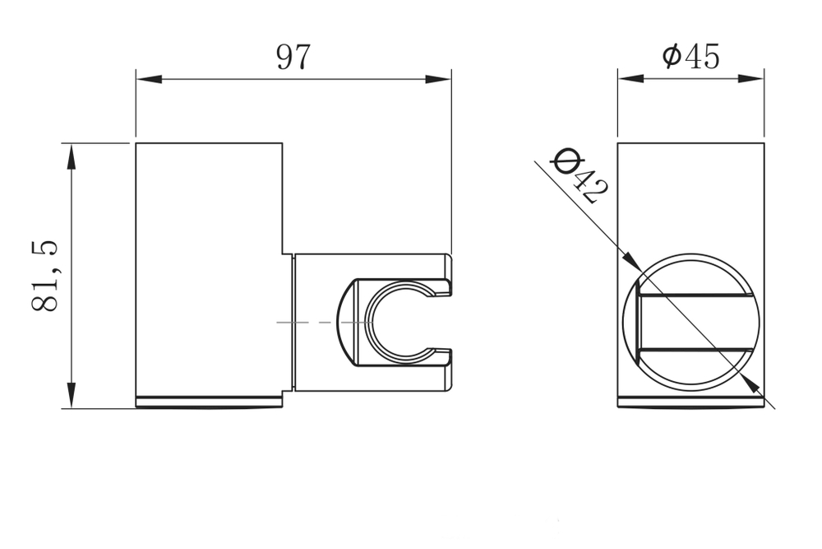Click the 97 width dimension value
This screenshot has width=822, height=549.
click(293, 57)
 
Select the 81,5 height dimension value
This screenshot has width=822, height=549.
click(45, 276)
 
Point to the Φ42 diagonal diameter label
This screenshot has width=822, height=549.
click(580, 175)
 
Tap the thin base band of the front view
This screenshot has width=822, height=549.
click(691, 402)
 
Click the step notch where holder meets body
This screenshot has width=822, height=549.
click(287, 254)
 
